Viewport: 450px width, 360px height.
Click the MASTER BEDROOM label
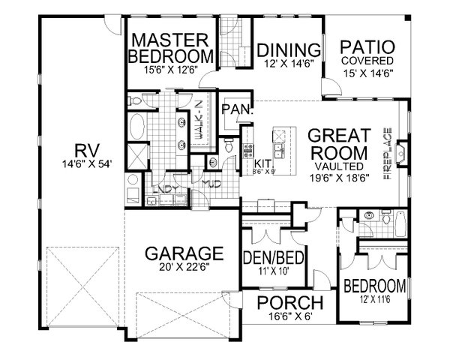(x=170, y=46)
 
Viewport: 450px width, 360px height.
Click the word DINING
(x=289, y=50)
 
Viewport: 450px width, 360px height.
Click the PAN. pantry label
(x=235, y=109)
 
